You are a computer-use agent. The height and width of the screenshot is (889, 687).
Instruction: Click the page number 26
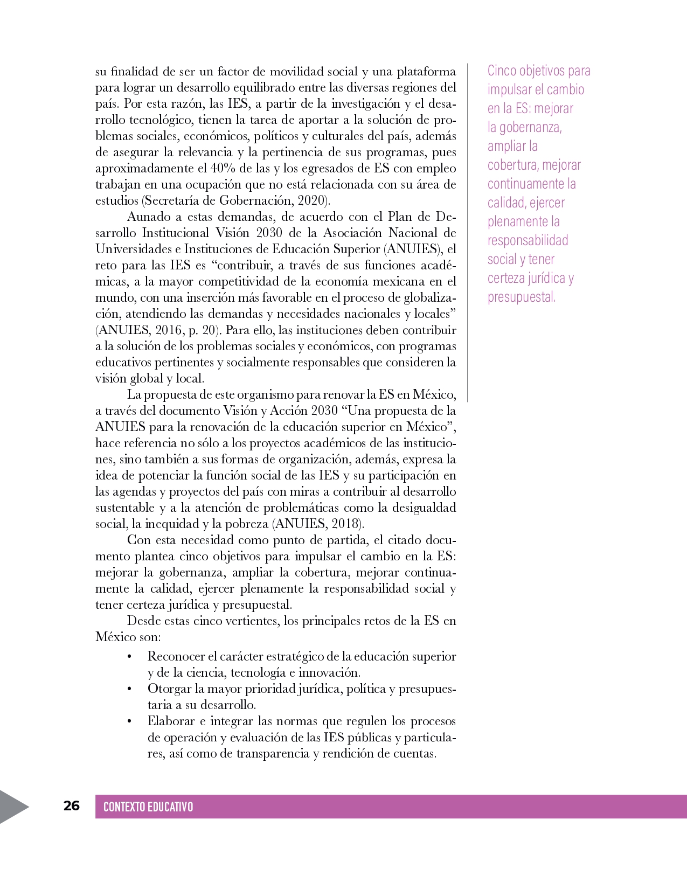tap(71, 805)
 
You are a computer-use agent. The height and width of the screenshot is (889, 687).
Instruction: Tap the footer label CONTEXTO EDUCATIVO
tap(148, 807)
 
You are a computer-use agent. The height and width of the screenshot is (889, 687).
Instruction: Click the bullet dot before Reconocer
tap(129, 657)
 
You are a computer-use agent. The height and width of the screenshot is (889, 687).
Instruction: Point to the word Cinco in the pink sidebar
tap(502, 71)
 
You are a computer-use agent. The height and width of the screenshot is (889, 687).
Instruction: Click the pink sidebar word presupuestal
tap(521, 297)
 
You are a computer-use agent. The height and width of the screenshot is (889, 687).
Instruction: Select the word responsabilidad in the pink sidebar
tap(528, 241)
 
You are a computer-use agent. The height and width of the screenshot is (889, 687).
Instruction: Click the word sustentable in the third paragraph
tap(125, 508)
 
